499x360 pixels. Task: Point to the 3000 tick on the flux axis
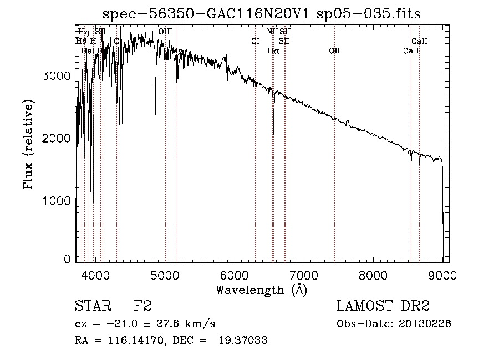click(x=57, y=76)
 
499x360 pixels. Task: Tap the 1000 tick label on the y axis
click(x=57, y=200)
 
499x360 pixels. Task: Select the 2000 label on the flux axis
click(x=57, y=138)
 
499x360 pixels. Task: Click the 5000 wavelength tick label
click(x=165, y=275)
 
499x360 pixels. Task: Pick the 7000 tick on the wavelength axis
click(x=304, y=275)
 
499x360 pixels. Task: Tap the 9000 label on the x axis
click(x=442, y=275)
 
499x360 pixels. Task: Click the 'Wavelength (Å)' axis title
click(x=261, y=289)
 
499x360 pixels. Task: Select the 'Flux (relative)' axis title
click(x=28, y=144)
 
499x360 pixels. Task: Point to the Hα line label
click(x=273, y=50)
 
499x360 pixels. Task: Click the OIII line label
click(x=165, y=32)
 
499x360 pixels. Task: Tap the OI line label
click(x=255, y=41)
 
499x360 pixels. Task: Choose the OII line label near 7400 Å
click(x=334, y=50)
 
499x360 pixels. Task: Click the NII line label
click(x=272, y=32)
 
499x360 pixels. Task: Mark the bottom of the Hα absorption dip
click(x=273, y=133)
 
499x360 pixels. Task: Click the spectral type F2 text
click(x=143, y=306)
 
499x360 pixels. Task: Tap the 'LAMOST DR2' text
click(x=383, y=306)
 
